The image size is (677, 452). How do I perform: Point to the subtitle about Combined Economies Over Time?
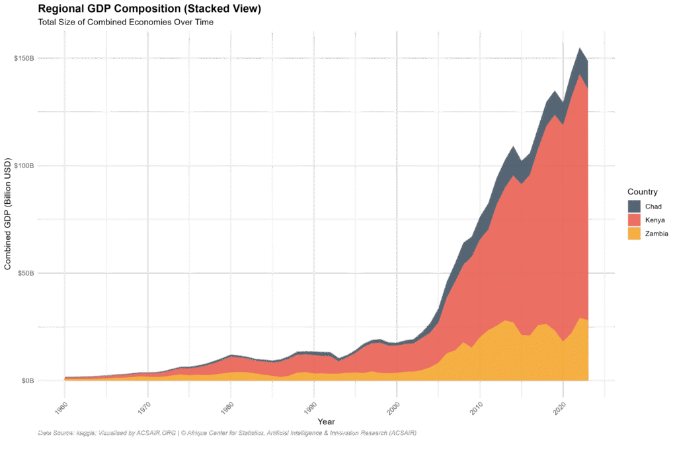[126, 23]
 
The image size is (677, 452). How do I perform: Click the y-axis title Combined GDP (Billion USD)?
[9, 215]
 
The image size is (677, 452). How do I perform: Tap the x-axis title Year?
[325, 422]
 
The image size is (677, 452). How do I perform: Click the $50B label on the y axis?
[25, 273]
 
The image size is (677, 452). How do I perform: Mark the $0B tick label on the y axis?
[27, 381]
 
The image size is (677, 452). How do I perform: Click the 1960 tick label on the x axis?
[61, 408]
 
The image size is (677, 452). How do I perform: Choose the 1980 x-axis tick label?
[227, 408]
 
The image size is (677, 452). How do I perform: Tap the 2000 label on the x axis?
[393, 408]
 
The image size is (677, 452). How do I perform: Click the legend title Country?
[643, 192]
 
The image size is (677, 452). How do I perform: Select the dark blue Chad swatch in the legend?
[634, 206]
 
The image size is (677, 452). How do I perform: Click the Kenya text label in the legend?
[655, 220]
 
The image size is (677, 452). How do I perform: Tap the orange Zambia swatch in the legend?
[634, 234]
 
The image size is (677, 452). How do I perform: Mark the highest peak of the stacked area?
[580, 48]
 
